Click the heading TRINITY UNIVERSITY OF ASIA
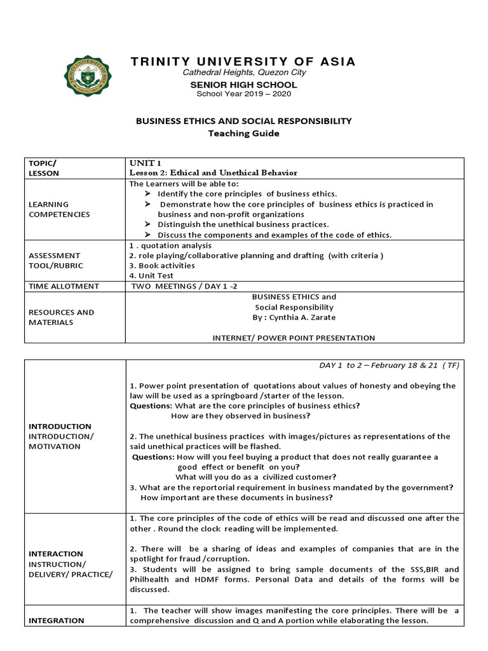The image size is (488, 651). [x=243, y=62]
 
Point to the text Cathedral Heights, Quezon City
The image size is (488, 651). [x=244, y=72]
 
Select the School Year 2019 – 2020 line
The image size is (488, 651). [x=244, y=93]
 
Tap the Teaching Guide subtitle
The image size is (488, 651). [x=244, y=134]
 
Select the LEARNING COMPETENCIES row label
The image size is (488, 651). [x=58, y=209]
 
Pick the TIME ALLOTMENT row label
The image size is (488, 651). [x=63, y=286]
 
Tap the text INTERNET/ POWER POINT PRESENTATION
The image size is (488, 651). [x=294, y=338]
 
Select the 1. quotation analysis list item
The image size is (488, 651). [x=170, y=245]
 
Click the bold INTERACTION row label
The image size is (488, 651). [x=56, y=554]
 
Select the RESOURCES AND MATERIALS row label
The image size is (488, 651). [x=60, y=317]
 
